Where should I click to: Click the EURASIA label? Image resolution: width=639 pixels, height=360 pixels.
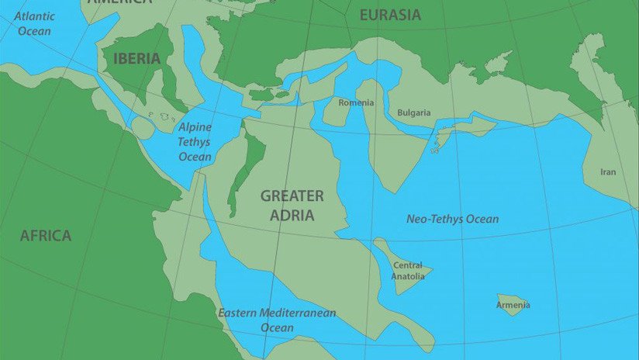point(390,15)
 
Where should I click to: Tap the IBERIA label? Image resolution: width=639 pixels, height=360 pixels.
point(136,58)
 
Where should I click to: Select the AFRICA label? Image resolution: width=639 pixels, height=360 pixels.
point(46,235)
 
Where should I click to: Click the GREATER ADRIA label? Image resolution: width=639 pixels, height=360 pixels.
point(292,205)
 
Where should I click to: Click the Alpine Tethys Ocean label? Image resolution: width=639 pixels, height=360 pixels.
point(195,141)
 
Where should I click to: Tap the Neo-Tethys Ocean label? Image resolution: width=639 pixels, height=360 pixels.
point(452,219)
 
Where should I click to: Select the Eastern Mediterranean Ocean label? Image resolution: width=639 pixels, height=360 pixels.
point(277,320)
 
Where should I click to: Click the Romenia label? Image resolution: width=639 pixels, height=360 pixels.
point(357,102)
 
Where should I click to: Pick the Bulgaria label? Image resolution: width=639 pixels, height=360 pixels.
point(414,112)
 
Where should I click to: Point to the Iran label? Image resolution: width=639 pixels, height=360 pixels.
point(608,172)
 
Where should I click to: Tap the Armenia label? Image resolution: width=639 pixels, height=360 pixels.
point(513,305)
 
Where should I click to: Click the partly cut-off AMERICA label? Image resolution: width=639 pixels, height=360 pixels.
point(119,3)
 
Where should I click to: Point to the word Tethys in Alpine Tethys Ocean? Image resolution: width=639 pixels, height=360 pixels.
point(195,142)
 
